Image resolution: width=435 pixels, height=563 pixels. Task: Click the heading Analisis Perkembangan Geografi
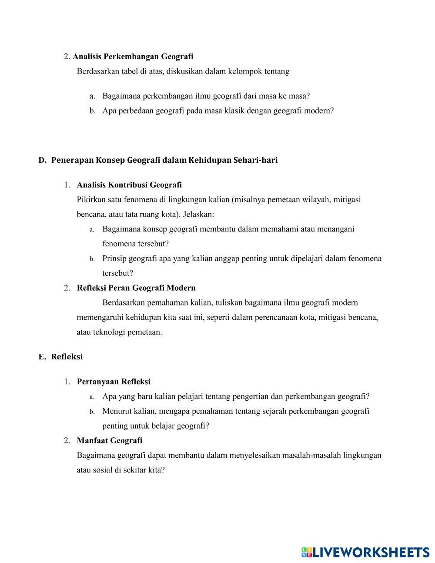click(133, 57)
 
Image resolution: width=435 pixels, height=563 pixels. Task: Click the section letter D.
click(42, 160)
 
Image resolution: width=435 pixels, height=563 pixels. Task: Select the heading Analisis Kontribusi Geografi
click(129, 185)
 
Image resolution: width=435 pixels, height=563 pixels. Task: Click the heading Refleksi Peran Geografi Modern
click(136, 288)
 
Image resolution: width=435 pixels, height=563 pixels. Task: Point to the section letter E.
click(42, 357)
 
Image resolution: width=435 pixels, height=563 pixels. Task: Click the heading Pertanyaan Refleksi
click(114, 382)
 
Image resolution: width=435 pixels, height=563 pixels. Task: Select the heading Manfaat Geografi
click(110, 440)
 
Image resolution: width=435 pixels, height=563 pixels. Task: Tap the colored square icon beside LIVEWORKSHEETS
click(307, 553)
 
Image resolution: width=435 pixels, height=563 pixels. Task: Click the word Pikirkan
click(91, 200)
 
